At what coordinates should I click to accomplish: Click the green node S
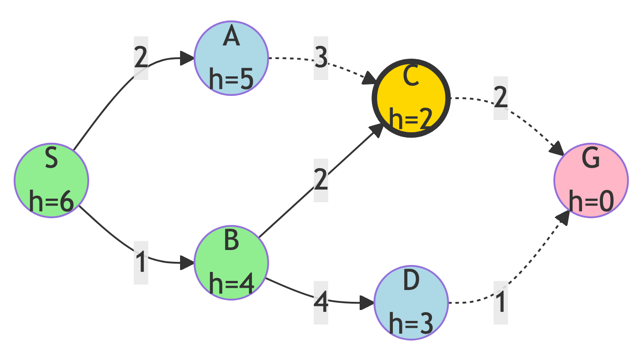point(51,180)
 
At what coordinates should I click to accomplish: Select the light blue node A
point(231,58)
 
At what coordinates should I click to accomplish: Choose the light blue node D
point(411,303)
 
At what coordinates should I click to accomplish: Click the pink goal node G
point(591,180)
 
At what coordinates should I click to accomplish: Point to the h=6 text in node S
point(51,201)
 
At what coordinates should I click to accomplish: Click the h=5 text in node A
point(231,79)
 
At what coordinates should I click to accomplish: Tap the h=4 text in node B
point(231,284)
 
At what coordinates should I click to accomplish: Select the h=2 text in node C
point(411,119)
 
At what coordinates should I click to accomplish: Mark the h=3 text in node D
point(411,323)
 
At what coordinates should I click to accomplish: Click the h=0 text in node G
point(591,201)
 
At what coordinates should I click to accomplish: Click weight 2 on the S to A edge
point(141,58)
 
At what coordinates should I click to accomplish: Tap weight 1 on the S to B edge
point(141,263)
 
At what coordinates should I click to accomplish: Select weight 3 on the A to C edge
point(321,58)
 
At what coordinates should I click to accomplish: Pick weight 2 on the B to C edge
point(321,180)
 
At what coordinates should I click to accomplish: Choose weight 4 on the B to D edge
point(321,303)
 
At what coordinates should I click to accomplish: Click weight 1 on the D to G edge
point(501,303)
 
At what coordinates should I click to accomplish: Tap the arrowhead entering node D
point(367,303)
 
